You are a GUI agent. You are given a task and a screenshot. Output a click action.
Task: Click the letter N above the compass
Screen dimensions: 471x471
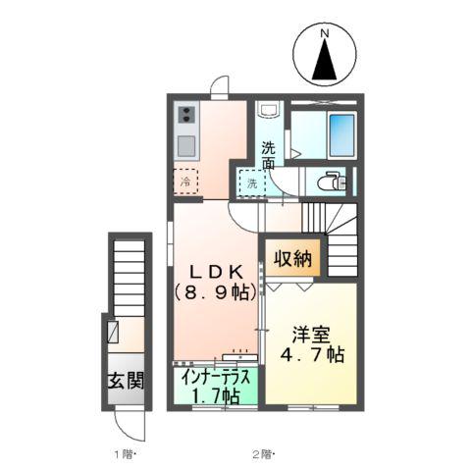point(324,32)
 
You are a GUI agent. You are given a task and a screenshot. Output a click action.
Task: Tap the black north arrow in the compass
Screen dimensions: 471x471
point(324,60)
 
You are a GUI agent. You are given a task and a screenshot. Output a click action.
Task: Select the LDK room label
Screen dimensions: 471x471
point(217,272)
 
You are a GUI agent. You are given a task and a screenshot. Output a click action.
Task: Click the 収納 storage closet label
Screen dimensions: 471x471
point(292,258)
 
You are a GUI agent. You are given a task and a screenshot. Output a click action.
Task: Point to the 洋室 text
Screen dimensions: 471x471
point(311,335)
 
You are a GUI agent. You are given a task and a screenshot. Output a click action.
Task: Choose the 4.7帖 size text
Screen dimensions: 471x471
point(312,354)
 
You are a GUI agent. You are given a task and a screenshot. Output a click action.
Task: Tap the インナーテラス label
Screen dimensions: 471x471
point(216,378)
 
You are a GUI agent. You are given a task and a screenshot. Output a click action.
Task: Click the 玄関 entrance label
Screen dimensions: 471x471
point(126,381)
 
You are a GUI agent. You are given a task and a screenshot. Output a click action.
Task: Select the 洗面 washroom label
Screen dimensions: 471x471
point(268,155)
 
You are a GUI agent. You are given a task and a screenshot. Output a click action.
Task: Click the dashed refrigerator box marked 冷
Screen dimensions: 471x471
point(185,182)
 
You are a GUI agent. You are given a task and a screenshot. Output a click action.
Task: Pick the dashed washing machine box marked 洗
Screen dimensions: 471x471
point(252,183)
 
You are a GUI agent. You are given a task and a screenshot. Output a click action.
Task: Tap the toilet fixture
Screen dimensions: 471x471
point(331,182)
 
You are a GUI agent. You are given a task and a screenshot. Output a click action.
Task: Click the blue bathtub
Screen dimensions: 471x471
point(342,135)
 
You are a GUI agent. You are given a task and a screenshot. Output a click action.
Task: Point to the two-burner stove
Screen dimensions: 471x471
point(186,115)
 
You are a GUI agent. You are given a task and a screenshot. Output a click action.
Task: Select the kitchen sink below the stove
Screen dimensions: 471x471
point(186,146)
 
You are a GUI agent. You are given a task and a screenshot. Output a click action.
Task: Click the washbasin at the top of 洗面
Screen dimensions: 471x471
point(268,109)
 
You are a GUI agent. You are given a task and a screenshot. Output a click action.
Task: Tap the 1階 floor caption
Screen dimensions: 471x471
point(124,454)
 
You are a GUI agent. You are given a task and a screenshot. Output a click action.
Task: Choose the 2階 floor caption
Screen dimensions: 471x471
point(263,454)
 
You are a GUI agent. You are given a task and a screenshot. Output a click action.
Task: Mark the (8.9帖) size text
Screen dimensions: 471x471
point(216,292)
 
